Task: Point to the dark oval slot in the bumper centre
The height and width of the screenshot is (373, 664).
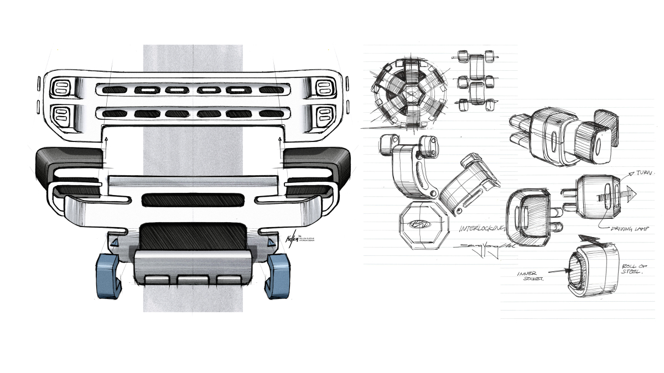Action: [193, 200]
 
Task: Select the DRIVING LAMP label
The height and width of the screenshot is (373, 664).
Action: [629, 228]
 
